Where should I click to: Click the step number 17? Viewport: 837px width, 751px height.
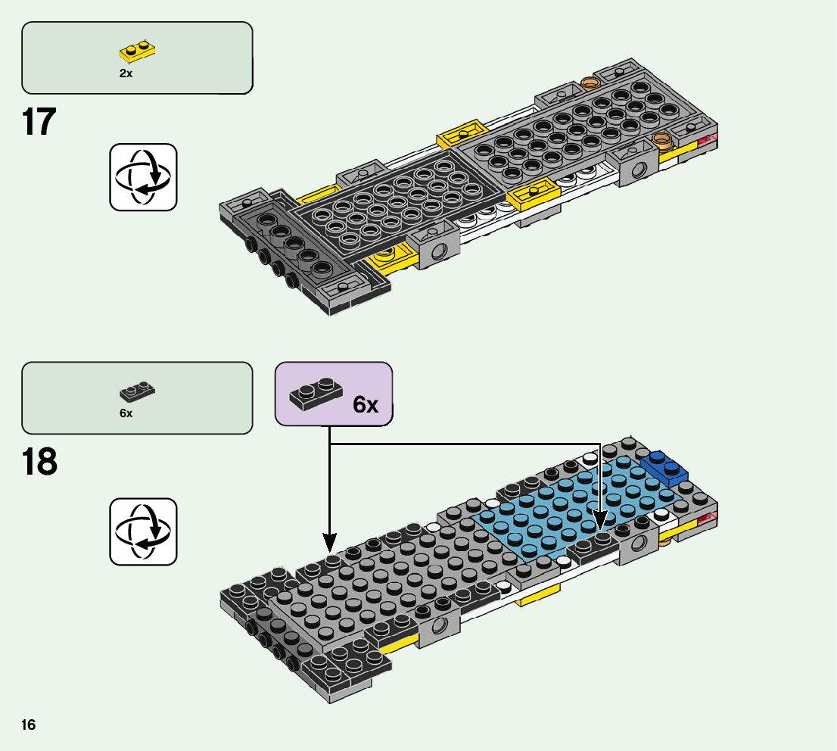coord(39,123)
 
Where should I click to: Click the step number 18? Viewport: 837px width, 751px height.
coord(39,462)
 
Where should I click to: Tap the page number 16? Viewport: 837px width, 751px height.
coord(29,725)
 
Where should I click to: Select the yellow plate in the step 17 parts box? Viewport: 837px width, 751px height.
coord(138,51)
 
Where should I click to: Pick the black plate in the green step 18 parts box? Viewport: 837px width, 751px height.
coord(137,391)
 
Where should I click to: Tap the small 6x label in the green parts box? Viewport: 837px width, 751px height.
coord(126,413)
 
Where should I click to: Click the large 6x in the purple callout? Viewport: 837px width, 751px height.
coord(366,405)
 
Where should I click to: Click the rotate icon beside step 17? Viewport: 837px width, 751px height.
coord(143,176)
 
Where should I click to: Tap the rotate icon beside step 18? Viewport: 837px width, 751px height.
coord(143,531)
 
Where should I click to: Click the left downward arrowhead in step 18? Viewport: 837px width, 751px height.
coord(330,542)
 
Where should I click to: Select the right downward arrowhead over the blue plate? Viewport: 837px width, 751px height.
coord(600,521)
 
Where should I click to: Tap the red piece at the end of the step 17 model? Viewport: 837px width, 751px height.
coord(709,139)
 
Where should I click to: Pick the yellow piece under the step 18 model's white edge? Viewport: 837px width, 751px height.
coord(537,600)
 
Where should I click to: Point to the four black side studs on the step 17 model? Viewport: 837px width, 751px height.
coord(269,262)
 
